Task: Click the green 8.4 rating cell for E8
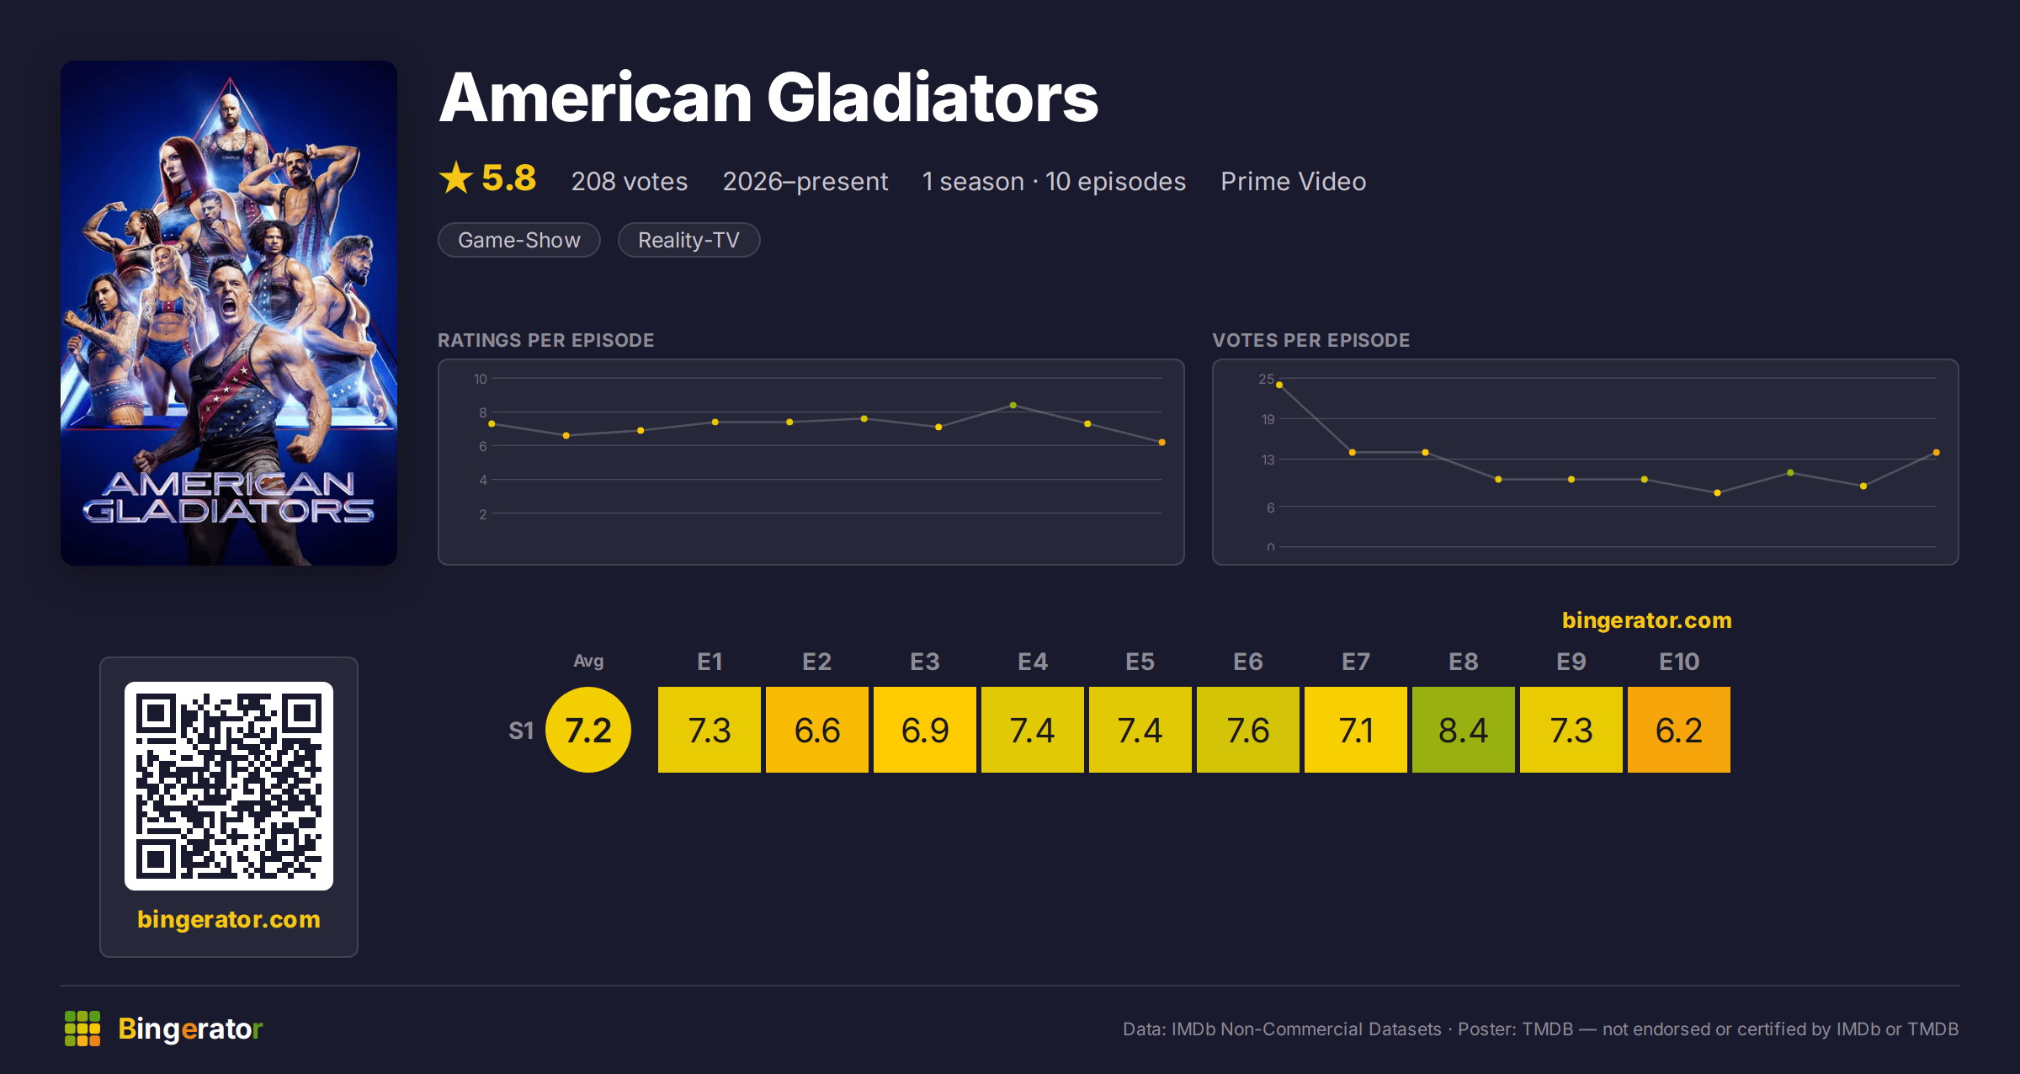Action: [1463, 730]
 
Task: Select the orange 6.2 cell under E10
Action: [1678, 730]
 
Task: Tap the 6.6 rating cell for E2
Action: [816, 730]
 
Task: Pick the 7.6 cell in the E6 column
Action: [1247, 730]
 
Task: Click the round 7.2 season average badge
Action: [588, 730]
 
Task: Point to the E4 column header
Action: [1033, 662]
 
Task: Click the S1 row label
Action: [521, 731]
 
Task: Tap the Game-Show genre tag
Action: [519, 240]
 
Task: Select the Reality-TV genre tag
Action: [688, 240]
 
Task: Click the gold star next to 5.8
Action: [456, 178]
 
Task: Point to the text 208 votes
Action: [630, 181]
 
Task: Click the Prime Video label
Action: [1294, 181]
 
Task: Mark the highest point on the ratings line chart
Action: [1013, 406]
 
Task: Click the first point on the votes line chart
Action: [1279, 385]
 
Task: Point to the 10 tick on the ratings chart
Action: [481, 379]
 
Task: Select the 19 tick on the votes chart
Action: [1268, 419]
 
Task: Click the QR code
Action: [229, 786]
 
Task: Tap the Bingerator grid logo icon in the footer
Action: [82, 1029]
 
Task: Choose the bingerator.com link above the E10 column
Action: [1647, 620]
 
